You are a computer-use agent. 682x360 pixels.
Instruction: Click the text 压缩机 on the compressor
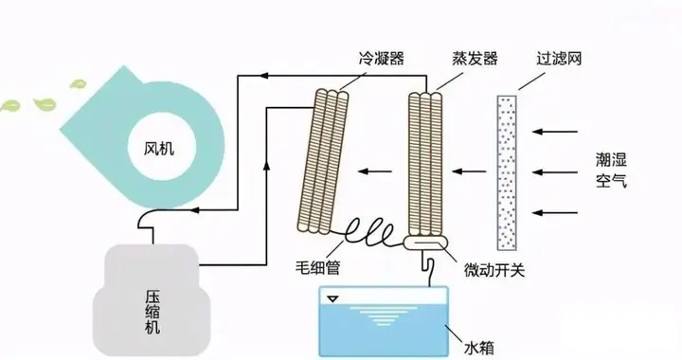click(149, 300)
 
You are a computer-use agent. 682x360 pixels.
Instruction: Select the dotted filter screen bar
click(511, 171)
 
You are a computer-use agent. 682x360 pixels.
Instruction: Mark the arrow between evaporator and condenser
click(376, 171)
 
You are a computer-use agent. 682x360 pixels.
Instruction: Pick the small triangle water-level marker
click(332, 300)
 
